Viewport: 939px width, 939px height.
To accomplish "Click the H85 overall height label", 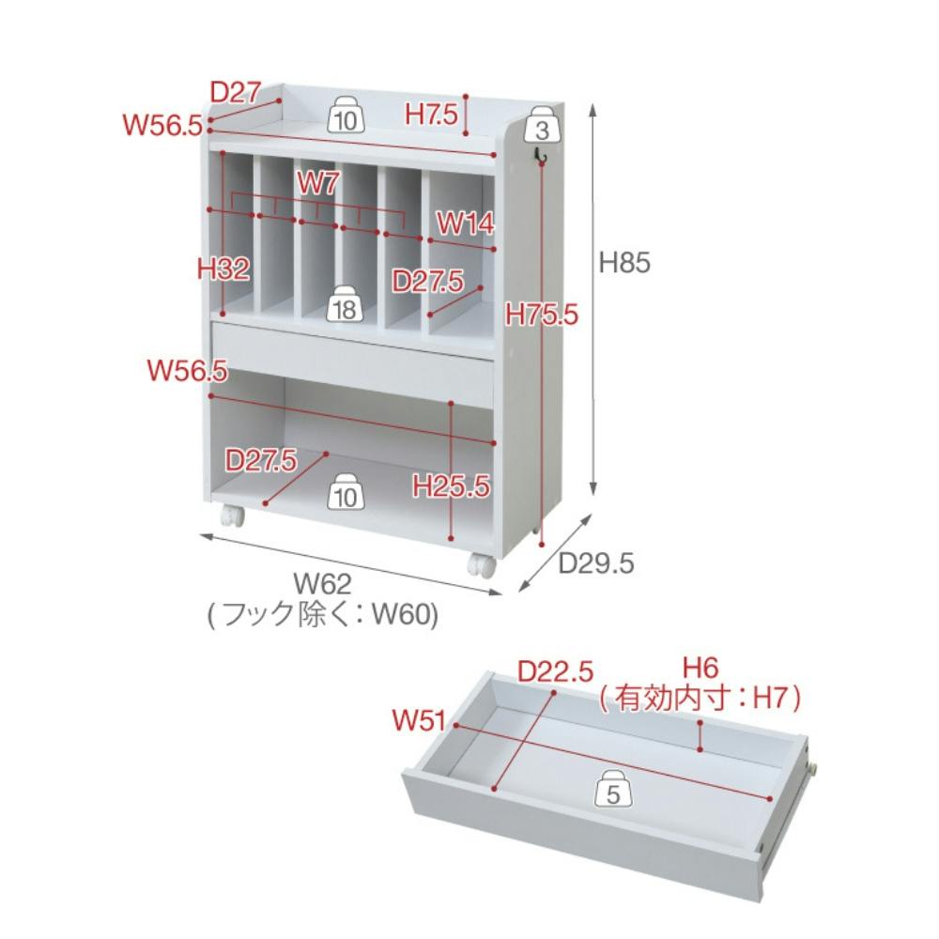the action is coord(624,262).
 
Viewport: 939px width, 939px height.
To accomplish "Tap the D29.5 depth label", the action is coord(596,562).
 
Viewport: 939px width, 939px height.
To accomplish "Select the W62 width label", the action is coord(322,583).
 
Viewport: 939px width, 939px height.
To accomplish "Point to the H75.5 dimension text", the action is coord(542,314).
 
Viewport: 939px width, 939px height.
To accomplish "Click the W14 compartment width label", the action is coord(466,223).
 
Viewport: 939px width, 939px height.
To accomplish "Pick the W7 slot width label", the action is coord(318,182).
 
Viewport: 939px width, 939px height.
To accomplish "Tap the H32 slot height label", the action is coord(223,269).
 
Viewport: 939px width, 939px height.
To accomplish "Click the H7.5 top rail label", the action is coord(431,114).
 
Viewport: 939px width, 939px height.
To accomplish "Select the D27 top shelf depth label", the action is coord(236,92).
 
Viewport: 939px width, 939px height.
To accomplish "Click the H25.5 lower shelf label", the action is coord(451,485).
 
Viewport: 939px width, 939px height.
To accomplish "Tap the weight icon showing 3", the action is coord(542,124).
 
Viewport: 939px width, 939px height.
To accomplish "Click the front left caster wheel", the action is coord(232,515).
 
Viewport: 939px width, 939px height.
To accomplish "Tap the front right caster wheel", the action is coord(483,564).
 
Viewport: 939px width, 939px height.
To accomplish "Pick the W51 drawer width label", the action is coord(419,719).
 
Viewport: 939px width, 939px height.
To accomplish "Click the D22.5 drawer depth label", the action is coord(555,671).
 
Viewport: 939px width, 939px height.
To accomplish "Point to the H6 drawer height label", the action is coord(700,668).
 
